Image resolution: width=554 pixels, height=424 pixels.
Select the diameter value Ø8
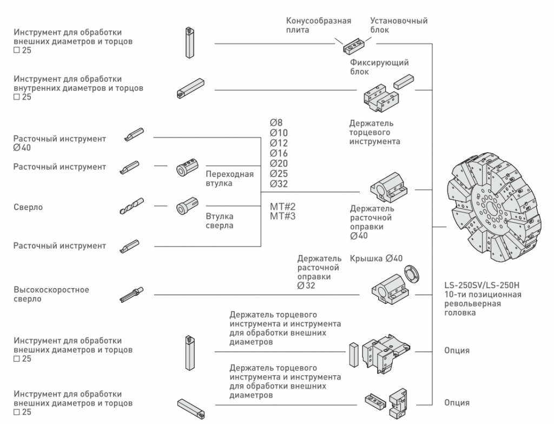276,123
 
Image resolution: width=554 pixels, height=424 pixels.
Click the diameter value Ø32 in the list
279,184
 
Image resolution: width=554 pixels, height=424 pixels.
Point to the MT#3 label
283,217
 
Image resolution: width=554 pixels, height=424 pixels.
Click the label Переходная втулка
229,179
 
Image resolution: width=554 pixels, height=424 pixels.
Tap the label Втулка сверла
220,221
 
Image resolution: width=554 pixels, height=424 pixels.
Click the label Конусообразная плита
319,25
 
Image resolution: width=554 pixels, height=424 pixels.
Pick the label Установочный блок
399,25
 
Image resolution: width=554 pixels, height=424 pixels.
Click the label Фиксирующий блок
379,67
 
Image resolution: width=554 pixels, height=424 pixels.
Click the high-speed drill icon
131,293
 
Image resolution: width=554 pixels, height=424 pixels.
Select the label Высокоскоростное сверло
51,295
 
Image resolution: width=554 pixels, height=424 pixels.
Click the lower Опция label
457,403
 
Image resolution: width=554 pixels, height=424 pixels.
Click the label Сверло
28,207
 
